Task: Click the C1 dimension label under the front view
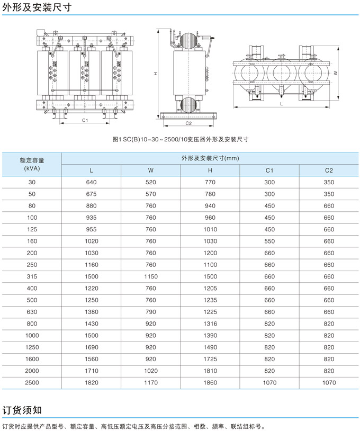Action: [85, 120]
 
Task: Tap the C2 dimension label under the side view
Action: [188, 123]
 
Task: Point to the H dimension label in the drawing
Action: [156, 74]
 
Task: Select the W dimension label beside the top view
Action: [336, 74]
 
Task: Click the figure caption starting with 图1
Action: [181, 140]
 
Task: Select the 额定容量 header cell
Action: [32, 164]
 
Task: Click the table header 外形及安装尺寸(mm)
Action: [210, 158]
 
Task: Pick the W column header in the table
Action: [151, 170]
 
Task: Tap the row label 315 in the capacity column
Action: [32, 276]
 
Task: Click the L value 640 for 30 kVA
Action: [91, 182]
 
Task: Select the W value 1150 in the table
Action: [151, 276]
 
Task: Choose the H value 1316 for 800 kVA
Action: [210, 324]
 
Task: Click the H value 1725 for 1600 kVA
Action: [210, 359]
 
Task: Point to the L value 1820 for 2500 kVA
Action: [91, 382]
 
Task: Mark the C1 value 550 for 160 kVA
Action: [269, 241]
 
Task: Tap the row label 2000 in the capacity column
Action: [32, 371]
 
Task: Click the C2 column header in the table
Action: [329, 170]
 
